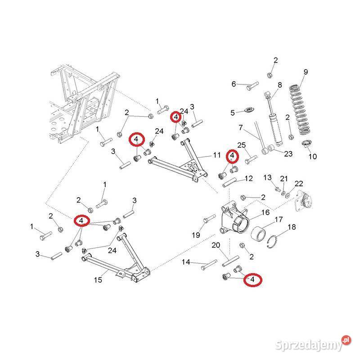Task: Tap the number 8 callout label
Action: click(x=279, y=85)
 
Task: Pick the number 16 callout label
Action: click(x=265, y=212)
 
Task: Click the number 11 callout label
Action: click(x=217, y=155)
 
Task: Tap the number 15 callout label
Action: click(x=98, y=280)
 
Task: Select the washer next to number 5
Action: click(x=247, y=111)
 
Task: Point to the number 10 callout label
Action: click(x=312, y=157)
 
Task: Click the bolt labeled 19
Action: click(x=207, y=220)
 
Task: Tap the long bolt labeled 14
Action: click(x=207, y=265)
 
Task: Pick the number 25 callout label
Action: click(x=241, y=146)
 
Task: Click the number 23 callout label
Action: click(x=288, y=154)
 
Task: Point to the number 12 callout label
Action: click(x=248, y=178)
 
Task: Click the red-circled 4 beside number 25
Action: click(x=232, y=156)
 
